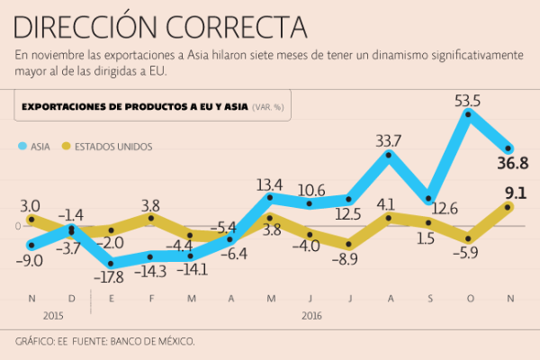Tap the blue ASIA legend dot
[22, 146]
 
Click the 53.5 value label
[468, 101]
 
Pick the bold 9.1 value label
[515, 193]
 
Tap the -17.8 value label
[112, 277]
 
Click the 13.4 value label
[269, 185]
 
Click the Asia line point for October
[468, 118]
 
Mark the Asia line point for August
[389, 155]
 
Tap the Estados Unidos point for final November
[508, 207]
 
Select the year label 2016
[310, 316]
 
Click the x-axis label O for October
[469, 298]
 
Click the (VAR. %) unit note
[267, 107]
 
